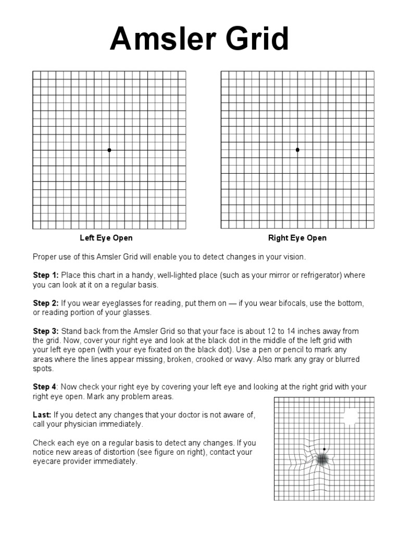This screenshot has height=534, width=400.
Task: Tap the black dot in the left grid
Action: tap(109, 150)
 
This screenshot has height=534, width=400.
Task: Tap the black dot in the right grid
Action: tap(297, 150)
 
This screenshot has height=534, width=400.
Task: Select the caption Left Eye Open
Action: tap(106, 238)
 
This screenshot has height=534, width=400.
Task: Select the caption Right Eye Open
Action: tap(297, 238)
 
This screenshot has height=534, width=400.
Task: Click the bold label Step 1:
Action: tap(46, 275)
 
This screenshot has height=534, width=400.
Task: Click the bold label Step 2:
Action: tap(46, 303)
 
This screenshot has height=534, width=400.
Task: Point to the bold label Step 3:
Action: tap(46, 331)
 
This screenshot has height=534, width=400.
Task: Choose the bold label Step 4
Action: tap(45, 386)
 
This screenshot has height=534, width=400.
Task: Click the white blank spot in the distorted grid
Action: tap(351, 416)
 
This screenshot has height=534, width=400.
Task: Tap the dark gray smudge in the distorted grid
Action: tap(322, 459)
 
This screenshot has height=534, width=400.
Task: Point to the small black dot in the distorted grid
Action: tap(324, 449)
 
